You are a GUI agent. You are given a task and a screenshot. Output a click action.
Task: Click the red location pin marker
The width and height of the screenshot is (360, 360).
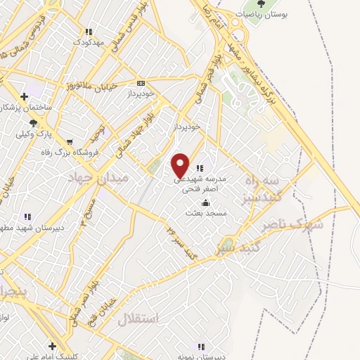pyautogui.click(x=181, y=165)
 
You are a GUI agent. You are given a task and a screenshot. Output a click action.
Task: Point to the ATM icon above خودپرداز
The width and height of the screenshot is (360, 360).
pyautogui.click(x=141, y=82)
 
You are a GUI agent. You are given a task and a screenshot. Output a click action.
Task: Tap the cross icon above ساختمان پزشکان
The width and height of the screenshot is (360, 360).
pyautogui.click(x=25, y=96)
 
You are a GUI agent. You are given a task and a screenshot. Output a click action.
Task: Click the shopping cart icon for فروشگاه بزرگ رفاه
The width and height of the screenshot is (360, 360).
pyautogui.click(x=68, y=141)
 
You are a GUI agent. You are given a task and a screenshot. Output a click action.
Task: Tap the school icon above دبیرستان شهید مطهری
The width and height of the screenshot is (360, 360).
pyautogui.click(x=27, y=217)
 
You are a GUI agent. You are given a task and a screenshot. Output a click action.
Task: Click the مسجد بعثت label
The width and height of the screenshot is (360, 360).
pyautogui.click(x=204, y=212)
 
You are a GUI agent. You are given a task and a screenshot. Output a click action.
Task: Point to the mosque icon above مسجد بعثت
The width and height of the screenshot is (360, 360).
pyautogui.click(x=205, y=202)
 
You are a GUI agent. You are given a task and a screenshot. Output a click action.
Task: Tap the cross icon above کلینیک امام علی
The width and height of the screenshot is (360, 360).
pyautogui.click(x=52, y=346)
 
